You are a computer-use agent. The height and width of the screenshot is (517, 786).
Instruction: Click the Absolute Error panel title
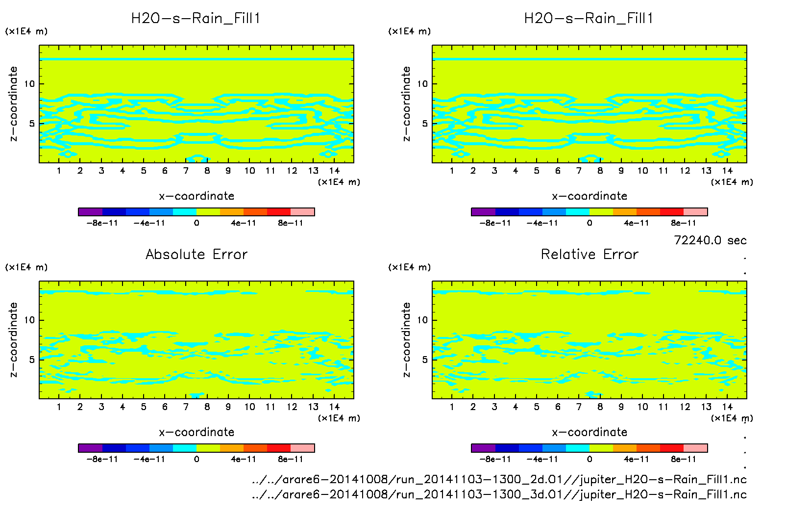click(196, 254)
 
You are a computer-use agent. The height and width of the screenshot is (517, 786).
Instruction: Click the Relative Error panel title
click(589, 254)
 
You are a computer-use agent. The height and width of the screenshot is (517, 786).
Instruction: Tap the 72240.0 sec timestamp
click(710, 240)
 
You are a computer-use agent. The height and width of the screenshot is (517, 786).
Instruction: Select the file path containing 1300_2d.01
click(499, 479)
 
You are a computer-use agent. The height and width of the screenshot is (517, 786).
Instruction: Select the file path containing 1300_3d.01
click(499, 494)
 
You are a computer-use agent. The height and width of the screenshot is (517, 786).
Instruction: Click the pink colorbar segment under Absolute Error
click(302, 448)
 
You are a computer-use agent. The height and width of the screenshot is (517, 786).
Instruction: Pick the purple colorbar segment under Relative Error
click(483, 448)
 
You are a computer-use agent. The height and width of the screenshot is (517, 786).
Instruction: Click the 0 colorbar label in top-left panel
click(196, 223)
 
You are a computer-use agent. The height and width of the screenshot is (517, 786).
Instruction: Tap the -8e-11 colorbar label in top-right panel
click(495, 223)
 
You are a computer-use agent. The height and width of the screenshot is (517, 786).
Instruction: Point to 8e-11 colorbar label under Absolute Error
click(291, 460)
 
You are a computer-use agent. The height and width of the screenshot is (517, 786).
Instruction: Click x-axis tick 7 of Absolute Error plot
click(186, 407)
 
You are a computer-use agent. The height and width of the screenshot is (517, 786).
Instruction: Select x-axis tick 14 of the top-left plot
click(334, 171)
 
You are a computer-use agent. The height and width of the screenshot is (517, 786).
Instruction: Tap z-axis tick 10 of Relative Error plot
click(422, 320)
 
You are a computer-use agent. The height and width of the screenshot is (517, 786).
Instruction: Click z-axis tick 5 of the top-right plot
click(425, 124)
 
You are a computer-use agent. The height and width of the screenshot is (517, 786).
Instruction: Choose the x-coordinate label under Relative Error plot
click(589, 432)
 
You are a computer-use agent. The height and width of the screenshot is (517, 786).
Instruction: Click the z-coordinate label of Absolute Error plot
click(14, 339)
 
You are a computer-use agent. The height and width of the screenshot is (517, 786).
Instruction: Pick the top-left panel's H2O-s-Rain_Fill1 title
click(196, 19)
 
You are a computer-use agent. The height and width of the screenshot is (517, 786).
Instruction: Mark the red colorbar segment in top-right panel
click(672, 212)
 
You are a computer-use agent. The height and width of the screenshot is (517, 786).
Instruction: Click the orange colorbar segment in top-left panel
click(232, 212)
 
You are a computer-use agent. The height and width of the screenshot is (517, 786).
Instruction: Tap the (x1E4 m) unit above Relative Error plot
click(410, 267)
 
